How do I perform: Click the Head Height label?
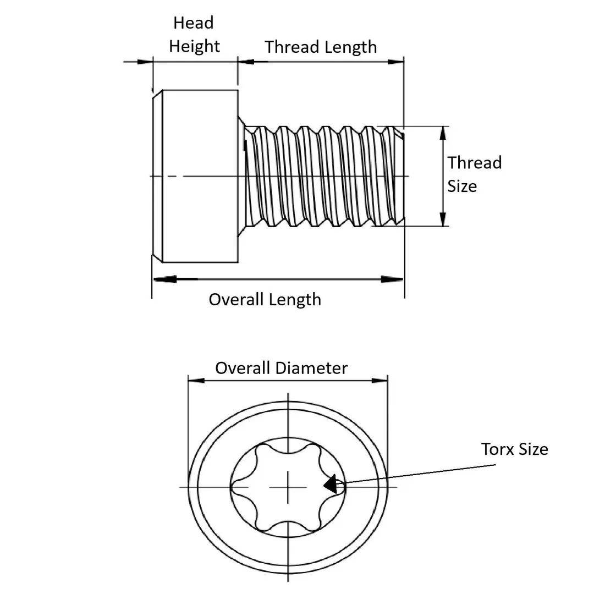194,34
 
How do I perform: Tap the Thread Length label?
321,47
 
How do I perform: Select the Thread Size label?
474,174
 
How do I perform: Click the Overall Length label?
265,299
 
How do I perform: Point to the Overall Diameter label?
281,367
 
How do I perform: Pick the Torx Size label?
514,449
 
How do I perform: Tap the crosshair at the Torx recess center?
288,487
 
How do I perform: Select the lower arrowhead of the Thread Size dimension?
443,219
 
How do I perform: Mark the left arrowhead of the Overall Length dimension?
164,279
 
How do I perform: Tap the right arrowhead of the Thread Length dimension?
395,62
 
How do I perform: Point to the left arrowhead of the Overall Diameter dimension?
196,380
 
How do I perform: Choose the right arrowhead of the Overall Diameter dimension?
380,380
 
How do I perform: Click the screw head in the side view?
195,176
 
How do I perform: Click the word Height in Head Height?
194,46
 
